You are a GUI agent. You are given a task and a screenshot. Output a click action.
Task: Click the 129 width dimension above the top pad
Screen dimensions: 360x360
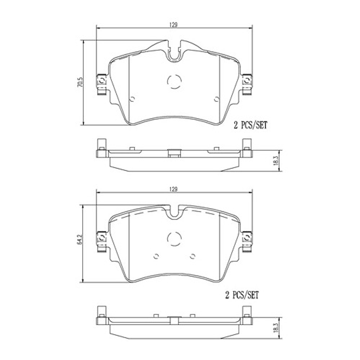click(x=173, y=24)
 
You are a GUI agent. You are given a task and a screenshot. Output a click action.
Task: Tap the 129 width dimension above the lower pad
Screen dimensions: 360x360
click(x=173, y=189)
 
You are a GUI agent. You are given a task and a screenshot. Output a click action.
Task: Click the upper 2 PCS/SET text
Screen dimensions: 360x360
click(x=250, y=126)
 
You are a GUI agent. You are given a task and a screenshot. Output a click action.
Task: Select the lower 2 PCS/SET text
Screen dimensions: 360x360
click(x=241, y=295)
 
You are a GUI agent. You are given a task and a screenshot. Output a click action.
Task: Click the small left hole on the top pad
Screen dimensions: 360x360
click(x=133, y=99)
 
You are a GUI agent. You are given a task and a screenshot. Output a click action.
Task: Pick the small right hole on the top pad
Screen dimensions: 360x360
click(x=216, y=99)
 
